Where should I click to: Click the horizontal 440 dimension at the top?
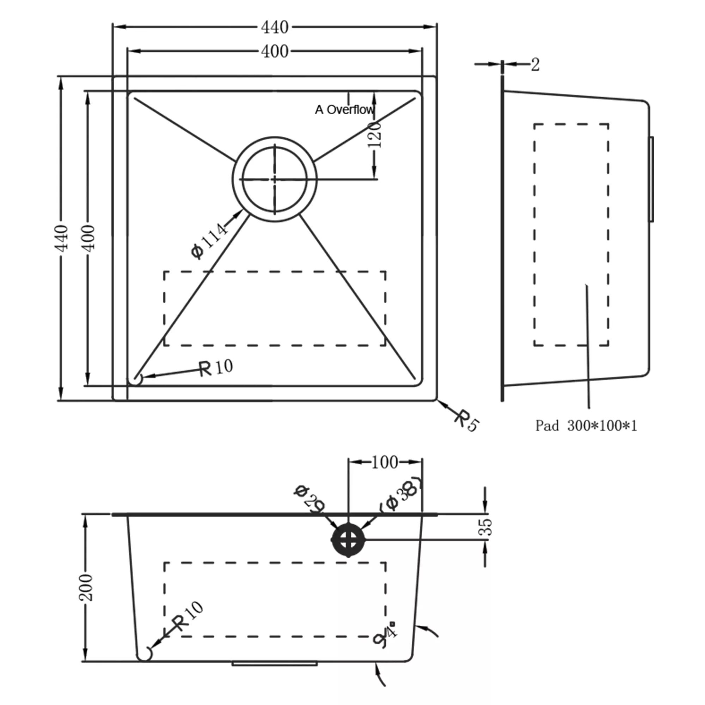point(274,27)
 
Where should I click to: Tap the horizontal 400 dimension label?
point(274,51)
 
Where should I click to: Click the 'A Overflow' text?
point(344,110)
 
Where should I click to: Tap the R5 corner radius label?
point(466,421)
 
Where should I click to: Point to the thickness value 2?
point(535,65)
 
